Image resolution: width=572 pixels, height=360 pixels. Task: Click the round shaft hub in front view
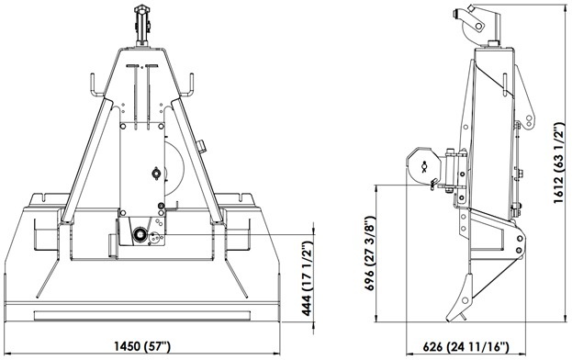pos(140,235)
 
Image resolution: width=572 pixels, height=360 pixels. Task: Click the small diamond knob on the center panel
pos(155,171)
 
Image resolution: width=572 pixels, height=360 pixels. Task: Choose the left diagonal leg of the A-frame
pos(88,156)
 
